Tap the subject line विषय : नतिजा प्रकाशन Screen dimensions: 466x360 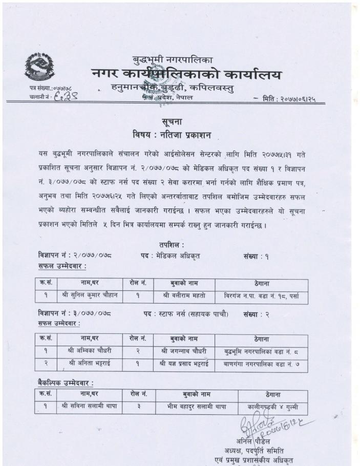pyautogui.click(x=172, y=135)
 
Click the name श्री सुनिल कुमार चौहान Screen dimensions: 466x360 pyautogui.click(x=90, y=295)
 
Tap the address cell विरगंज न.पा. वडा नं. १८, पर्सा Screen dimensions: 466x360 pyautogui.click(x=261, y=295)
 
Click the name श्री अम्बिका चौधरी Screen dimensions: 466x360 pyautogui.click(x=90, y=351)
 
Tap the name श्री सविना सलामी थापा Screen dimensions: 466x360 pyautogui.click(x=90, y=407)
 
